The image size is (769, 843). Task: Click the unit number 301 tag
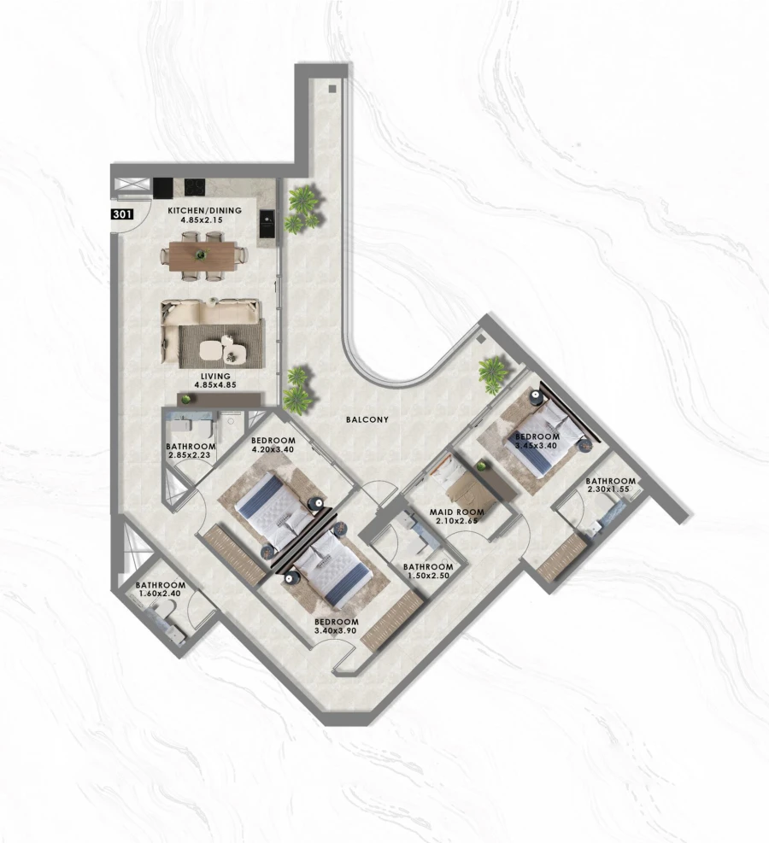coord(121,215)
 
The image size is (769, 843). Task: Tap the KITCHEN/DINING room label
coord(205,210)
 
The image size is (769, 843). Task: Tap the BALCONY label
coord(367,419)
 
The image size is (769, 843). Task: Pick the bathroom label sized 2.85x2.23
coord(191,447)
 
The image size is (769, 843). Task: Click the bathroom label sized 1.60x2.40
coord(161,585)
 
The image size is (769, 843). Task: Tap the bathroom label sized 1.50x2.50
coord(427,567)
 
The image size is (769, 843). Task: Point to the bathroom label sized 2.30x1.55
coord(610,481)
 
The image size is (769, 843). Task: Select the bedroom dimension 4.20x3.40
coord(273,451)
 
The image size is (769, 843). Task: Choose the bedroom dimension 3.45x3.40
coord(536,445)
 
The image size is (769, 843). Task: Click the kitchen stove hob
coord(195,185)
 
